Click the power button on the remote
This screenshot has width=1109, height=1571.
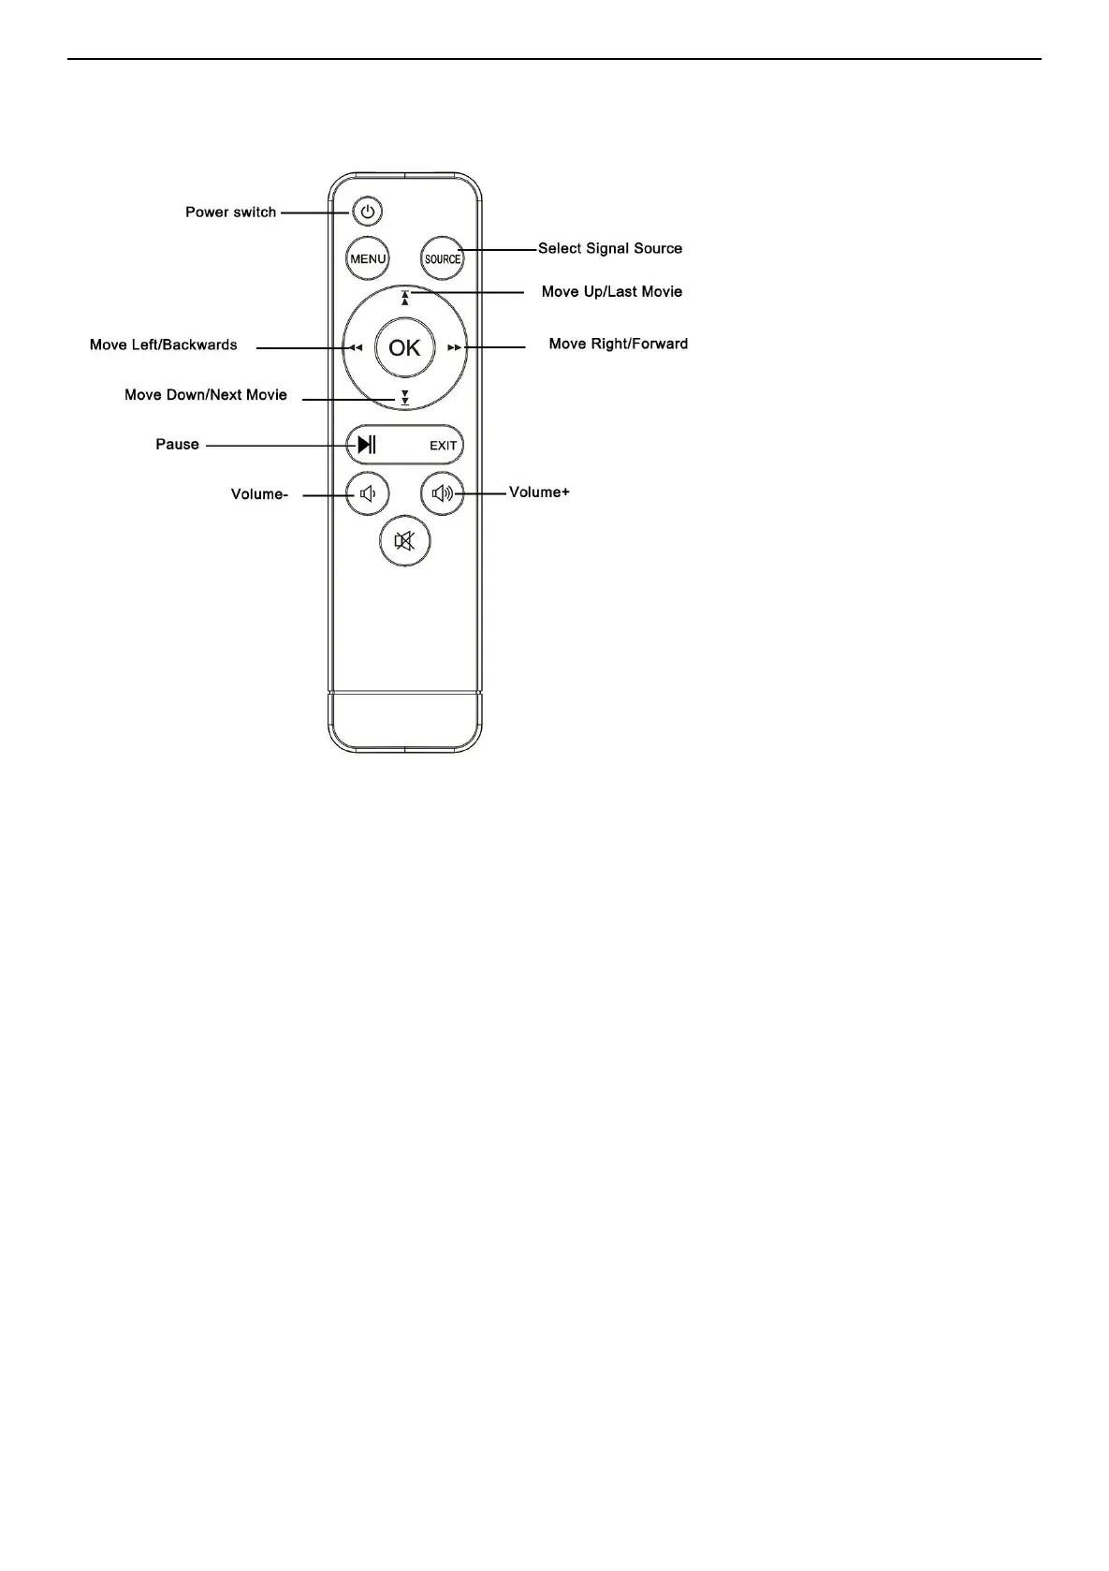pos(368,213)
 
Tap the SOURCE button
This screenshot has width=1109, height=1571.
pos(443,259)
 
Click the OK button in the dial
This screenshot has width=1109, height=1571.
pos(404,348)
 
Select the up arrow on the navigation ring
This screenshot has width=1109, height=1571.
pos(404,299)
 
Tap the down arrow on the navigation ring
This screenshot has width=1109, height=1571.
pos(404,397)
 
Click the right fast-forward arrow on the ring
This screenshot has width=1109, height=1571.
pos(454,348)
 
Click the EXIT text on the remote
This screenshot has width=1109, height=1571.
pos(444,446)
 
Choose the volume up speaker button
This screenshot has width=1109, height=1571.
pos(443,492)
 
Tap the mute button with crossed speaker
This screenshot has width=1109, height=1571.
pos(404,541)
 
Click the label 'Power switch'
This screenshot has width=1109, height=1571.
pos(230,213)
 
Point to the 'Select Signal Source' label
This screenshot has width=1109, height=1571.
pos(609,249)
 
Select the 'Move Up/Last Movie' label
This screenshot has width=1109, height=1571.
pos(611,292)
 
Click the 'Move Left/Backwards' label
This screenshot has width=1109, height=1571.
pos(163,345)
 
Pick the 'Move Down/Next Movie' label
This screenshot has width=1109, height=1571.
pos(206,395)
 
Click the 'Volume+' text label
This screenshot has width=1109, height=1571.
pos(539,492)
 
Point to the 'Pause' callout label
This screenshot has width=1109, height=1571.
pos(177,445)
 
